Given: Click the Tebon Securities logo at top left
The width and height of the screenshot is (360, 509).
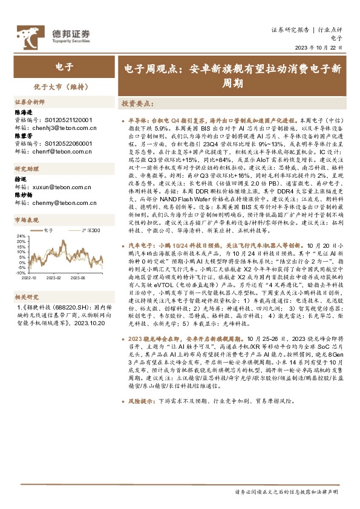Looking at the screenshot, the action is click(x=53, y=35).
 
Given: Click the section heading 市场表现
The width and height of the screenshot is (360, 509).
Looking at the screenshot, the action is click(x=26, y=221).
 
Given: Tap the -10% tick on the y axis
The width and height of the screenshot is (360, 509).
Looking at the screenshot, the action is click(x=21, y=273).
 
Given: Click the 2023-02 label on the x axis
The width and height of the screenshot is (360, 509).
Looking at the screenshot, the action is click(x=54, y=278).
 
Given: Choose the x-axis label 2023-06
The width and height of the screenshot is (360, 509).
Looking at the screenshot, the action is click(x=78, y=278).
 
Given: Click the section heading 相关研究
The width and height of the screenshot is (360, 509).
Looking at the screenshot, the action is click(x=26, y=297).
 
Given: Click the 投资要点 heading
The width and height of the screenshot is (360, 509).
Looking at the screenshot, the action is click(x=134, y=103).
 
